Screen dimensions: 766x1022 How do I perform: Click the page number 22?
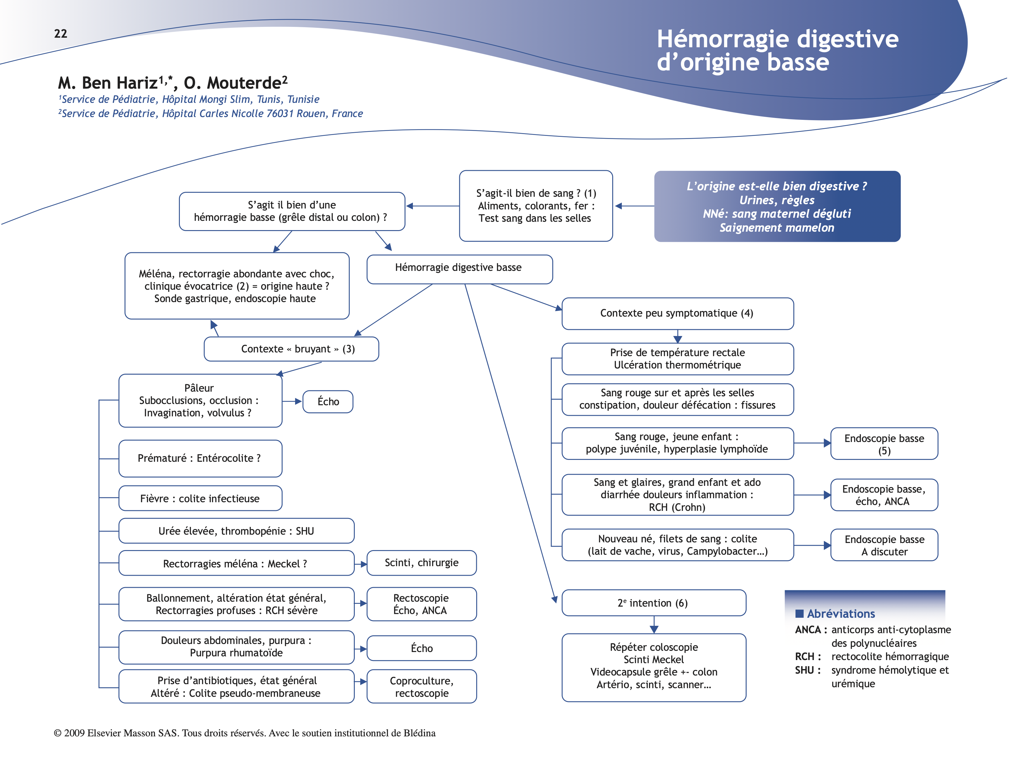pos(61,34)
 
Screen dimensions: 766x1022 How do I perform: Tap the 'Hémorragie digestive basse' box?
pos(459,269)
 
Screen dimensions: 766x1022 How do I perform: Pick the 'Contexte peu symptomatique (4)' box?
pos(677,314)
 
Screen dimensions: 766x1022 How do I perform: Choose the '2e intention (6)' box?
pos(653,603)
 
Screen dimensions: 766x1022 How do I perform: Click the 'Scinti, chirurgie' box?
pos(421,563)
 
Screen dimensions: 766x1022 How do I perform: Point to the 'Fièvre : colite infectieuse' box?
pos(200,499)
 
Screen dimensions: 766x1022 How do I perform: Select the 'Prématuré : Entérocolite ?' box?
pos(200,458)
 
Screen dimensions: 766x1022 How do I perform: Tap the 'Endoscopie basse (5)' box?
pos(884,444)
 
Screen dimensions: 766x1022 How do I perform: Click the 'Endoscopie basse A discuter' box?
pos(884,545)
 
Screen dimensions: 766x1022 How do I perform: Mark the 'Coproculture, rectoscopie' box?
pos(421,687)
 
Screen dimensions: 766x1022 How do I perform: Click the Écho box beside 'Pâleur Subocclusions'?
pos(328,402)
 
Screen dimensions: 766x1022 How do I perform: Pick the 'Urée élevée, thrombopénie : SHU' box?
pos(236,531)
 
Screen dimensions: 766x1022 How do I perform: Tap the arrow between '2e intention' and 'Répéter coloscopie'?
pos(654,625)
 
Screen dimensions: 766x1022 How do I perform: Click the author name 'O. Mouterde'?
pos(235,83)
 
